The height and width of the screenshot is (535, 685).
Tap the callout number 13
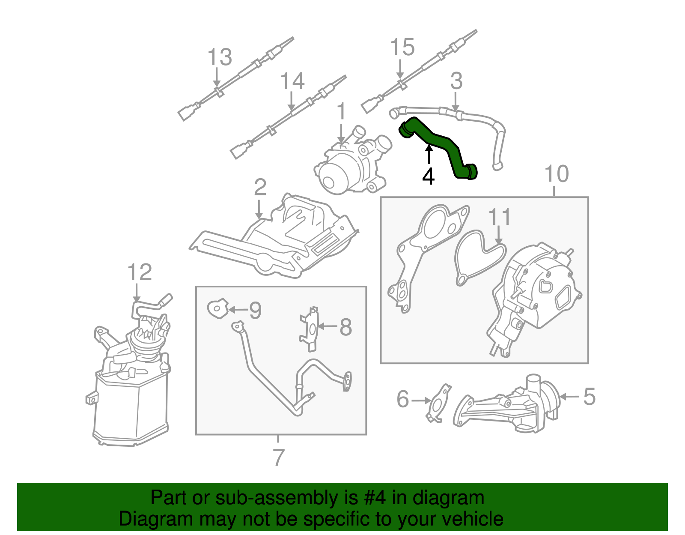pyautogui.click(x=220, y=57)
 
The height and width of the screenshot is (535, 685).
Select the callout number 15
pyautogui.click(x=402, y=47)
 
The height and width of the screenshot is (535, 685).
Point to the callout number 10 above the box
pyautogui.click(x=557, y=174)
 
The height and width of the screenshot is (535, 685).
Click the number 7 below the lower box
pyautogui.click(x=278, y=457)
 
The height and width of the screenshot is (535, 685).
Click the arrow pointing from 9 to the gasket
pyautogui.click(x=238, y=309)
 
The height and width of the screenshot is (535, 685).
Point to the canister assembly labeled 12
pyautogui.click(x=131, y=386)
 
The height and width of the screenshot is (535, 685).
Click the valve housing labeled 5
pyautogui.click(x=509, y=405)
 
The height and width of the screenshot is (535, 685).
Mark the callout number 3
pyautogui.click(x=456, y=81)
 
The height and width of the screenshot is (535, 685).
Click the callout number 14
pyautogui.click(x=292, y=81)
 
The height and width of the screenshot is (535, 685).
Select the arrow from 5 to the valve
pyautogui.click(x=569, y=397)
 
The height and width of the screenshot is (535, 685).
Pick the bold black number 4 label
pyautogui.click(x=428, y=176)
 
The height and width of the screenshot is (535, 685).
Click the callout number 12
pyautogui.click(x=140, y=272)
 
